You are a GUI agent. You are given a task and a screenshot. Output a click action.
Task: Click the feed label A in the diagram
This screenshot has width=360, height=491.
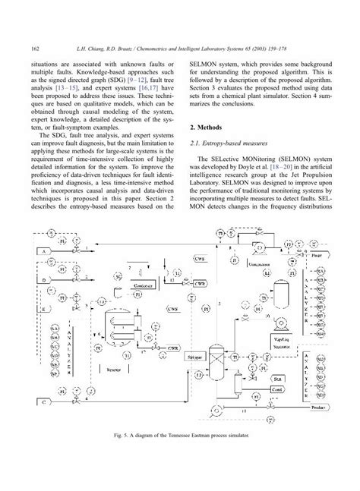tap(44, 250)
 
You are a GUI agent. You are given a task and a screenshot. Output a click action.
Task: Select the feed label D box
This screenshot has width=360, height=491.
tap(44, 280)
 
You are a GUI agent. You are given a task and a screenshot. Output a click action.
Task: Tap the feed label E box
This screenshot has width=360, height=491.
tap(44, 310)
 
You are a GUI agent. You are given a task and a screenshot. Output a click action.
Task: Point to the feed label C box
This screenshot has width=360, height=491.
tap(44, 421)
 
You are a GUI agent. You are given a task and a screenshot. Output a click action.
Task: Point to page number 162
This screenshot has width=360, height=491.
tap(35, 49)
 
